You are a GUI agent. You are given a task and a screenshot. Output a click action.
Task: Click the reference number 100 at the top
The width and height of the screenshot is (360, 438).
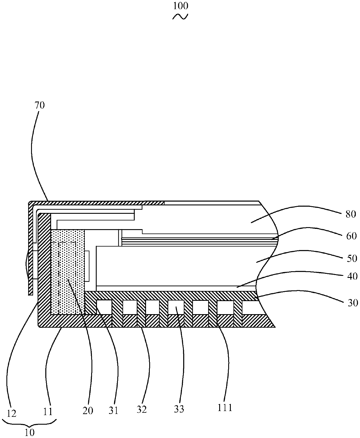pyautogui.click(x=180, y=6)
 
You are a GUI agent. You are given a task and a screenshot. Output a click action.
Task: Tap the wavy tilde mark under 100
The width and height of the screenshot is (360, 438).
pyautogui.click(x=180, y=17)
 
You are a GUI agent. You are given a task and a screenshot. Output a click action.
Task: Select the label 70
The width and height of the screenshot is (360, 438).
pyautogui.click(x=40, y=106)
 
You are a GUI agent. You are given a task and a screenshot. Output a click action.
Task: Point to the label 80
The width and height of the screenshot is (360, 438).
pyautogui.click(x=351, y=214)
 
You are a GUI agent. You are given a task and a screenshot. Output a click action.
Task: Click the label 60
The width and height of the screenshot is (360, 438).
pyautogui.click(x=352, y=236)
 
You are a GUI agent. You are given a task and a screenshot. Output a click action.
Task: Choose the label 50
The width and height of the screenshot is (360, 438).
pyautogui.click(x=352, y=258)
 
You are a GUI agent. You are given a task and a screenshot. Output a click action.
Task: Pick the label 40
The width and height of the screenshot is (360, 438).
pyautogui.click(x=352, y=276)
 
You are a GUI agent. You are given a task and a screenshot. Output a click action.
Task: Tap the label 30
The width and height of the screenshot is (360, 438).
pyautogui.click(x=352, y=303)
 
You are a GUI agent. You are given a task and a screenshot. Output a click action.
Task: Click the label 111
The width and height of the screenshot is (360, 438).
pyautogui.click(x=225, y=408)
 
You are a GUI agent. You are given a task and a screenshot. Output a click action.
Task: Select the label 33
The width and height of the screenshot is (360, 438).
pyautogui.click(x=179, y=409)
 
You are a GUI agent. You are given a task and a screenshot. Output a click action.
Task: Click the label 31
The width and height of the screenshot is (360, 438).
pyautogui.click(x=114, y=410)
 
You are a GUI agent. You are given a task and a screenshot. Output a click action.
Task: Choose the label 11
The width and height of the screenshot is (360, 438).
pyautogui.click(x=48, y=411)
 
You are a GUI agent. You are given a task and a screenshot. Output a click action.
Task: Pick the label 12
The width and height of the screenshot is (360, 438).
pyautogui.click(x=10, y=412)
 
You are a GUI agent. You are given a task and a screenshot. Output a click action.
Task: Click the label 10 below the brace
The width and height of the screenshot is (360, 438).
pyautogui.click(x=29, y=432)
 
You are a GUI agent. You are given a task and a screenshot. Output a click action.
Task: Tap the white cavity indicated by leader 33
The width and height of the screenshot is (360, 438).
pyautogui.click(x=176, y=307)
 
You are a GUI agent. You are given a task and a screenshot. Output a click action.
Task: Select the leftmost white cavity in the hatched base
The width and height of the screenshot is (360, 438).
pyautogui.click(x=104, y=307)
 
